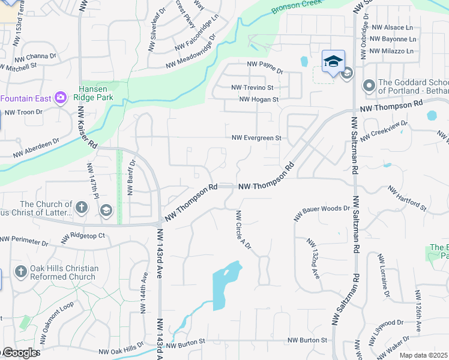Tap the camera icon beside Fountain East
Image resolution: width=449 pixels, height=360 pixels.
[x=60, y=97]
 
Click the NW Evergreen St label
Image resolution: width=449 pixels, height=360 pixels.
[x=257, y=138]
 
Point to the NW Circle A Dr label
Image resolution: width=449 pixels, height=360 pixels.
[x=243, y=230]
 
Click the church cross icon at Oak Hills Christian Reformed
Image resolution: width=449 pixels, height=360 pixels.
[x=20, y=272]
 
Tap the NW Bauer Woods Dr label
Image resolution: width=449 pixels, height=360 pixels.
[x=322, y=212]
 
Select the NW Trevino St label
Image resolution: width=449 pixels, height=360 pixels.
[x=253, y=88]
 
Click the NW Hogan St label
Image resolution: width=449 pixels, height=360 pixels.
[x=259, y=100]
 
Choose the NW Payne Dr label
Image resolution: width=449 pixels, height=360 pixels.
[x=265, y=63]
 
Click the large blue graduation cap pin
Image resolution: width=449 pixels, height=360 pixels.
[x=333, y=61]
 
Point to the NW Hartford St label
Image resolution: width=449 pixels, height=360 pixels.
[x=407, y=199]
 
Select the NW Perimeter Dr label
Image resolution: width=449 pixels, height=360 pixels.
[x=24, y=241]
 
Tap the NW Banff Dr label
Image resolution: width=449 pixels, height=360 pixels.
[x=130, y=178]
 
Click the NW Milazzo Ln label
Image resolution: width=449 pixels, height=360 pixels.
[x=393, y=52]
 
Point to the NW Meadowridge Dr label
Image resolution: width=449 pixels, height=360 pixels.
[x=190, y=53]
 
